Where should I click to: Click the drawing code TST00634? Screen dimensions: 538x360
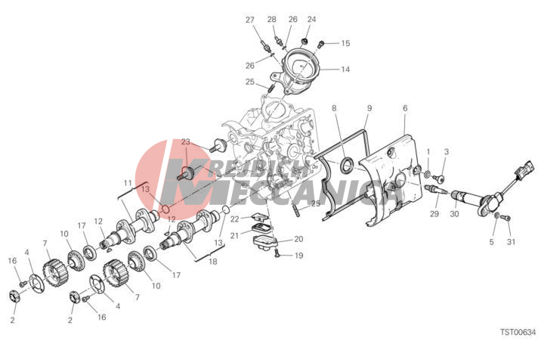pyautogui.click(x=518, y=332)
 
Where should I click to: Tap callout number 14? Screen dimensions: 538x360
pyautogui.click(x=345, y=70)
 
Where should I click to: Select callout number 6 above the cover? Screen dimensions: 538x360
pyautogui.click(x=405, y=108)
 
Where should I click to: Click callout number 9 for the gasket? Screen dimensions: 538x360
pyautogui.click(x=369, y=108)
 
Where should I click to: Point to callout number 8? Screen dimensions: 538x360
pyautogui.click(x=334, y=108)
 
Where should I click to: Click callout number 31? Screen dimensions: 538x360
pyautogui.click(x=512, y=242)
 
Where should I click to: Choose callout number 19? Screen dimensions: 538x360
pyautogui.click(x=299, y=256)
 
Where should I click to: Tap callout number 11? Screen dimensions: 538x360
pyautogui.click(x=128, y=183)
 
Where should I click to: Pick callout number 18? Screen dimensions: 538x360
pyautogui.click(x=213, y=262)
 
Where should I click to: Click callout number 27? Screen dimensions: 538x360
pyautogui.click(x=250, y=20)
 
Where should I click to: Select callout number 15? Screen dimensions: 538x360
pyautogui.click(x=345, y=43)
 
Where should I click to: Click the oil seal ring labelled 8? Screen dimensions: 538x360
pyautogui.click(x=346, y=163)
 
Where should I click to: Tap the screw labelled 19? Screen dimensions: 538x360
pyautogui.click(x=277, y=255)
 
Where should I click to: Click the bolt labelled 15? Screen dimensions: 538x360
pyautogui.click(x=321, y=43)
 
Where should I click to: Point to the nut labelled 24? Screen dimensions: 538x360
pyautogui.click(x=304, y=42)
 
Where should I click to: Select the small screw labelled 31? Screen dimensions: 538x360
pyautogui.click(x=508, y=218)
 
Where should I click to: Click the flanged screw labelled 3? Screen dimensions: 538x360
pyautogui.click(x=438, y=178)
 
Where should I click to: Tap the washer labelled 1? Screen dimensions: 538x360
pyautogui.click(x=428, y=174)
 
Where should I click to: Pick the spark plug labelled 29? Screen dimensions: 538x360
pyautogui.click(x=434, y=189)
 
